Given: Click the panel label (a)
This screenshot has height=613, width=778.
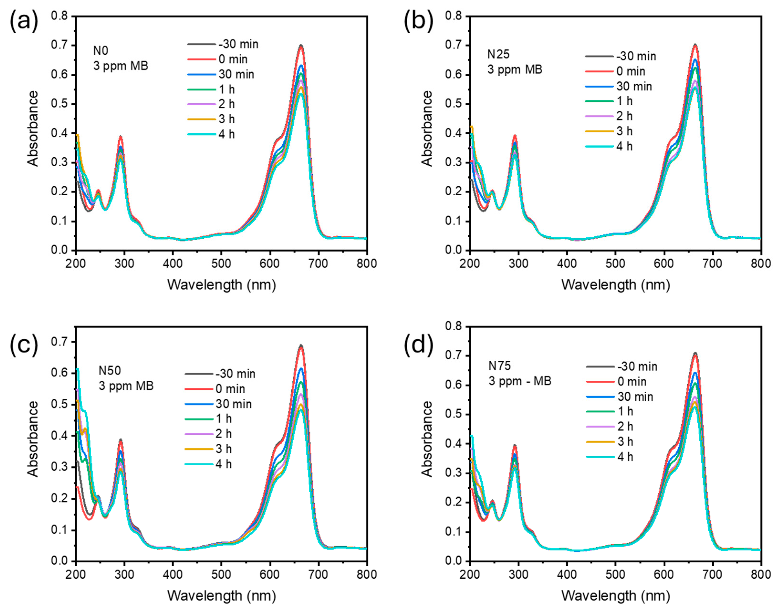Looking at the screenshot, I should [24, 21].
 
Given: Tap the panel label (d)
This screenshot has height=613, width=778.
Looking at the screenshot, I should [418, 344].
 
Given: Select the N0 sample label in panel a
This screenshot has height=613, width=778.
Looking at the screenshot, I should [100, 51].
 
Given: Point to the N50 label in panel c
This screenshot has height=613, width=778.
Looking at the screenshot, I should [110, 370].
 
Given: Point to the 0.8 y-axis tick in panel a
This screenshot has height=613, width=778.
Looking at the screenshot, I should [59, 16].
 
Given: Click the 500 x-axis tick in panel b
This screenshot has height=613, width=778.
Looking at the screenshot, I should [615, 264].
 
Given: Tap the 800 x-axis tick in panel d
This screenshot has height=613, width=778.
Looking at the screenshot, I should [761, 574].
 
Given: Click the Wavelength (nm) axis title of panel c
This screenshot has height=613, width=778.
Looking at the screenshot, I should [221, 596].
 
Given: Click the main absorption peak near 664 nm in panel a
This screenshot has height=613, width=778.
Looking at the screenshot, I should [301, 46].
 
